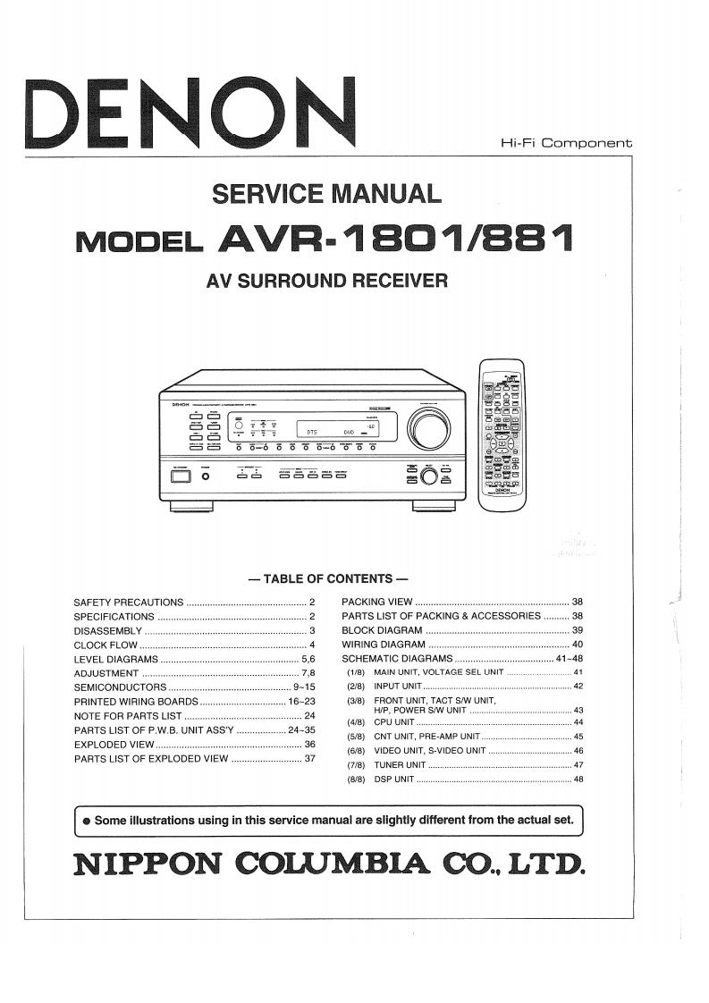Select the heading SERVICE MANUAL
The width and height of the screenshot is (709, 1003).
[x=325, y=193]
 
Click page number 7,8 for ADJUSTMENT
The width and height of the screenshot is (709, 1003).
[x=308, y=673]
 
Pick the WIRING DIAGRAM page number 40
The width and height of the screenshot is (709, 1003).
[x=577, y=645]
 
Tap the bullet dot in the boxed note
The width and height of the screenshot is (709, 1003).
[x=86, y=820]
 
